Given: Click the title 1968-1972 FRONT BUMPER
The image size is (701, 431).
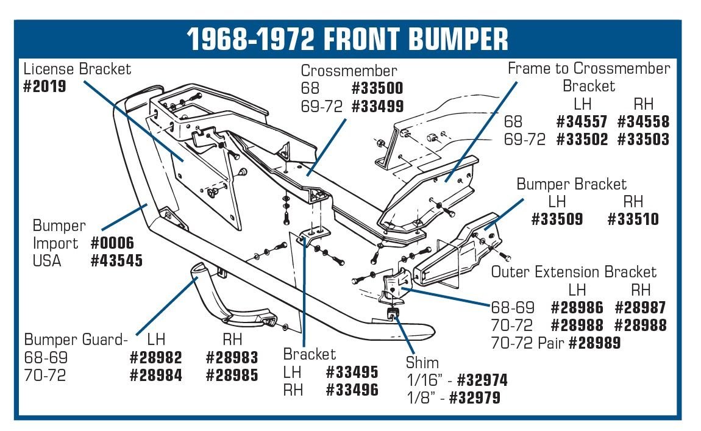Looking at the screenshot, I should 347,39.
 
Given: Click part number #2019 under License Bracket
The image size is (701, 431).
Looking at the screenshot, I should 44,86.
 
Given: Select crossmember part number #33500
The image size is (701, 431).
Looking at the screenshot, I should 377,89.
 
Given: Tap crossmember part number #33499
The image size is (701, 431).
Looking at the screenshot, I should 377,107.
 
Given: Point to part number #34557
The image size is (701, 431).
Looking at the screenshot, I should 582,122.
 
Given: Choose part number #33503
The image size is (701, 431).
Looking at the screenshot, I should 643,140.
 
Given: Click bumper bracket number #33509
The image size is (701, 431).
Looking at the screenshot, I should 557,219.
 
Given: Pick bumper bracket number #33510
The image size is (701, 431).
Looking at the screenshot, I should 633,219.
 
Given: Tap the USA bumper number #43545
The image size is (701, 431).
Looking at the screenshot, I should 116,261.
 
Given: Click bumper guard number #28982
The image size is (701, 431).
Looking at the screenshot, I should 155,358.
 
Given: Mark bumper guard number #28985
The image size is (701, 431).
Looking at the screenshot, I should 232,375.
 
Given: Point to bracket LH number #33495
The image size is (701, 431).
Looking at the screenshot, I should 352,372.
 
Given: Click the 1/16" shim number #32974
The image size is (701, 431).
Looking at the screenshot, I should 482,381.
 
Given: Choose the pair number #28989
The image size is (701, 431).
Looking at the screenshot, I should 594,343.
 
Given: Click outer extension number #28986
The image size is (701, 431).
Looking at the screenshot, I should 577,308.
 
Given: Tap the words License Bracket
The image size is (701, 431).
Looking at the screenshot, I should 77,69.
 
